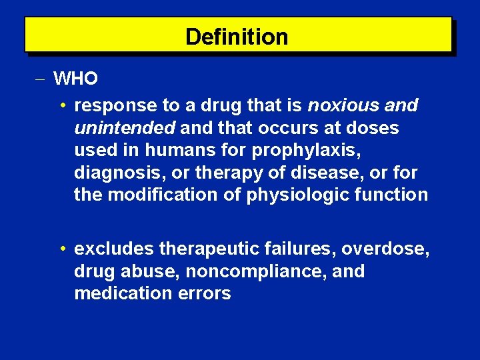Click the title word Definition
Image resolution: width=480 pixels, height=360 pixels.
point(237,37)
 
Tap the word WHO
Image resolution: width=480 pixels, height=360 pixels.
point(76,79)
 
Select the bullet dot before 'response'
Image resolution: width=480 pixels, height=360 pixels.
point(61,105)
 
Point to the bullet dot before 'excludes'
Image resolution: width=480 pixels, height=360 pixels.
point(61,249)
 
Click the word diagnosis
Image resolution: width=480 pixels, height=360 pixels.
point(122,173)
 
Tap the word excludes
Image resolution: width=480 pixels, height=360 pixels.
point(114,249)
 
